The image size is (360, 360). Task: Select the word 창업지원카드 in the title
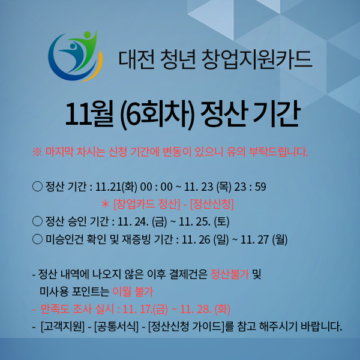click(x=256, y=59)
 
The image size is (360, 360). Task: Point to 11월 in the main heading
click(x=89, y=115)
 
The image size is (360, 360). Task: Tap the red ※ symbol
click(x=37, y=152)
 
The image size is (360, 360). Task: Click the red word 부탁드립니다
click(x=278, y=152)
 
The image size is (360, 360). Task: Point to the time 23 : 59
click(x=250, y=187)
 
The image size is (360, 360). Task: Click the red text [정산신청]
click(x=212, y=204)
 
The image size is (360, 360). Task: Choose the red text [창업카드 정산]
click(x=147, y=204)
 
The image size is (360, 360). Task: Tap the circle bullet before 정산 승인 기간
click(x=37, y=221)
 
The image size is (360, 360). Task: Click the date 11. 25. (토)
click(x=204, y=222)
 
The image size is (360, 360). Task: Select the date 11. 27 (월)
click(x=264, y=239)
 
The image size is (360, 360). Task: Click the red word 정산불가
click(x=230, y=274)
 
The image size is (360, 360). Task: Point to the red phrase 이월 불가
click(x=133, y=292)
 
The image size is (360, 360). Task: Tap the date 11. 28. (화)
click(x=205, y=309)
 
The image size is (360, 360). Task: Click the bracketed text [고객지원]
click(x=62, y=326)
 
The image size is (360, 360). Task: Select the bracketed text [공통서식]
click(x=116, y=326)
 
